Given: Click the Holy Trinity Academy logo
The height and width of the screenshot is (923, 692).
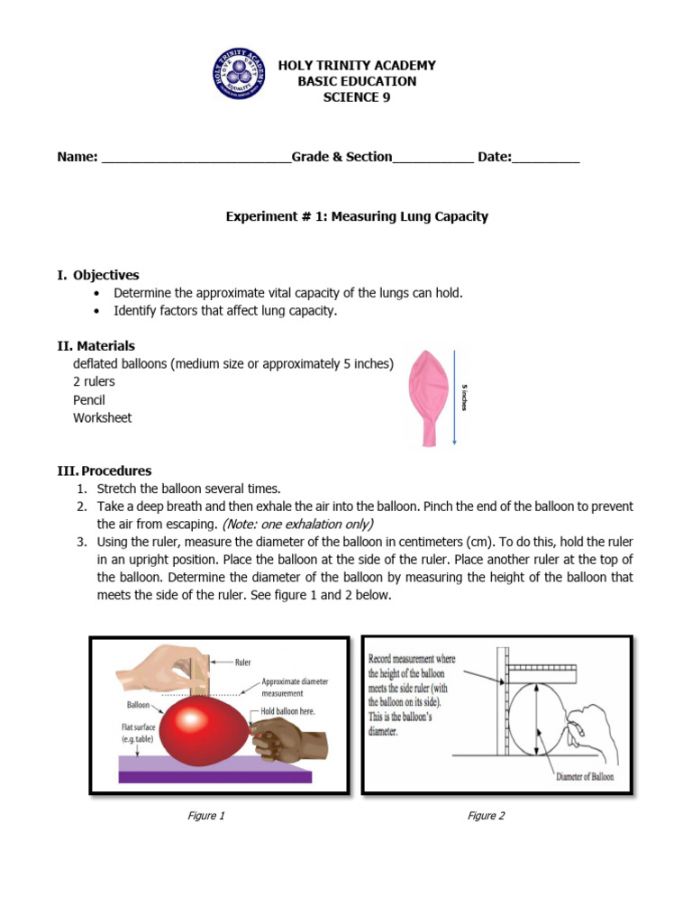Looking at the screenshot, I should [239, 73].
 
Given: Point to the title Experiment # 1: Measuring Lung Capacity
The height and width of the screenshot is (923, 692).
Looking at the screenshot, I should [356, 216].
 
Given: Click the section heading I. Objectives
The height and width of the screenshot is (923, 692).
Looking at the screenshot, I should [98, 275].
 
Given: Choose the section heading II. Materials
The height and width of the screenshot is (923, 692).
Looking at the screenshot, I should [96, 345].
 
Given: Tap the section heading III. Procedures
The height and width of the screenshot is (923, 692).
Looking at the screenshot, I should [105, 471].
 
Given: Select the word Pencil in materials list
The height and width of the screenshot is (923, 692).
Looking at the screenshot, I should [89, 400].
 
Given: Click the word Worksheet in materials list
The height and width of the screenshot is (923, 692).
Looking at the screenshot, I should [102, 418].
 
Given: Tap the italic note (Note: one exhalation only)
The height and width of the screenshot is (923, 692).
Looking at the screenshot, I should [297, 524].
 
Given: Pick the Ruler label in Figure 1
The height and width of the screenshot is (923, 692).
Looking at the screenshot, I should [242, 662].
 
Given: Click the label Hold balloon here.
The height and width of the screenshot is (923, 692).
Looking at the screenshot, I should [292, 711].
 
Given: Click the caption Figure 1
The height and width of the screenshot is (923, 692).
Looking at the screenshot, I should [205, 816].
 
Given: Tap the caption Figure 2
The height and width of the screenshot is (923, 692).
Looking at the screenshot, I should [486, 816].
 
